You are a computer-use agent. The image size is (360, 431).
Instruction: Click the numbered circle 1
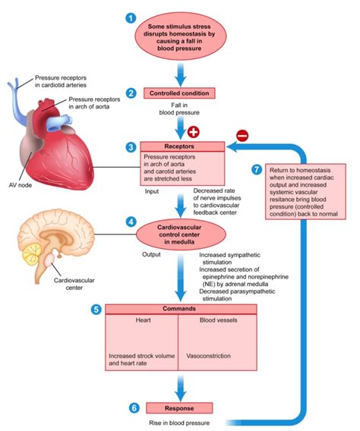(x=131, y=17)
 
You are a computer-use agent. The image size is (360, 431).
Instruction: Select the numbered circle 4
(x=131, y=223)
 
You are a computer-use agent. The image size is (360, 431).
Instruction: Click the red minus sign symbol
(x=242, y=137)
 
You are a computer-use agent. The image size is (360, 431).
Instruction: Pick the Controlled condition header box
(x=181, y=93)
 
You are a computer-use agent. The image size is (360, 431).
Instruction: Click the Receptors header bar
(x=182, y=146)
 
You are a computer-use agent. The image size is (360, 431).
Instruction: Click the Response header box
(x=181, y=407)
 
